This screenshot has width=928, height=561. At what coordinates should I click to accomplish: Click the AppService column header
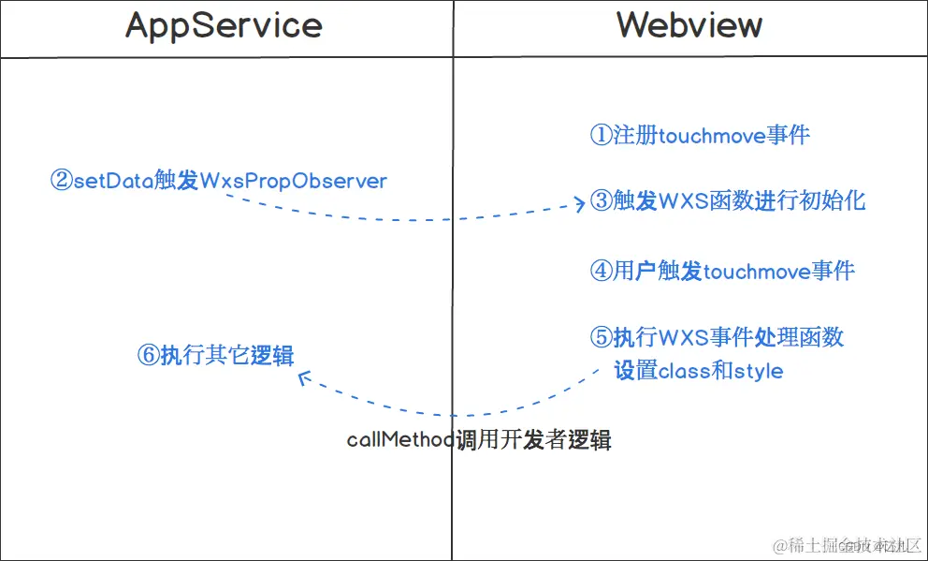(224, 25)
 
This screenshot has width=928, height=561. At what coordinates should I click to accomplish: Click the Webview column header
(689, 25)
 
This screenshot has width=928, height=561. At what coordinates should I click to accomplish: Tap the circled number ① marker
(601, 136)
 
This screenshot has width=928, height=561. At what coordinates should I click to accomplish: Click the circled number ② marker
(61, 181)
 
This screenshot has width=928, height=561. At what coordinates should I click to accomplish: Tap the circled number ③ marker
(601, 200)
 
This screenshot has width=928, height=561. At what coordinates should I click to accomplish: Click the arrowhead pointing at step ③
(580, 204)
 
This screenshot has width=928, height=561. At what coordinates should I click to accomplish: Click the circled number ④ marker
(601, 272)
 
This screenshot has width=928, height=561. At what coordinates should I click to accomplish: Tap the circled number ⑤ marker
(601, 336)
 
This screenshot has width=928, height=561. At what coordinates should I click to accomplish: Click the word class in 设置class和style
(686, 371)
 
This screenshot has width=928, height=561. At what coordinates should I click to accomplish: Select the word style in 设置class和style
(759, 371)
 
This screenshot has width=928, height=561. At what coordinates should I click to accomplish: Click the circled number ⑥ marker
(148, 356)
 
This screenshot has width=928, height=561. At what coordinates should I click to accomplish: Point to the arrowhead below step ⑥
(301, 377)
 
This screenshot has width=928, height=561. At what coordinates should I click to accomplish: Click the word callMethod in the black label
(401, 440)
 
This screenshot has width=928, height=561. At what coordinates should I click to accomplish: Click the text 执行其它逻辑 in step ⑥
(227, 356)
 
